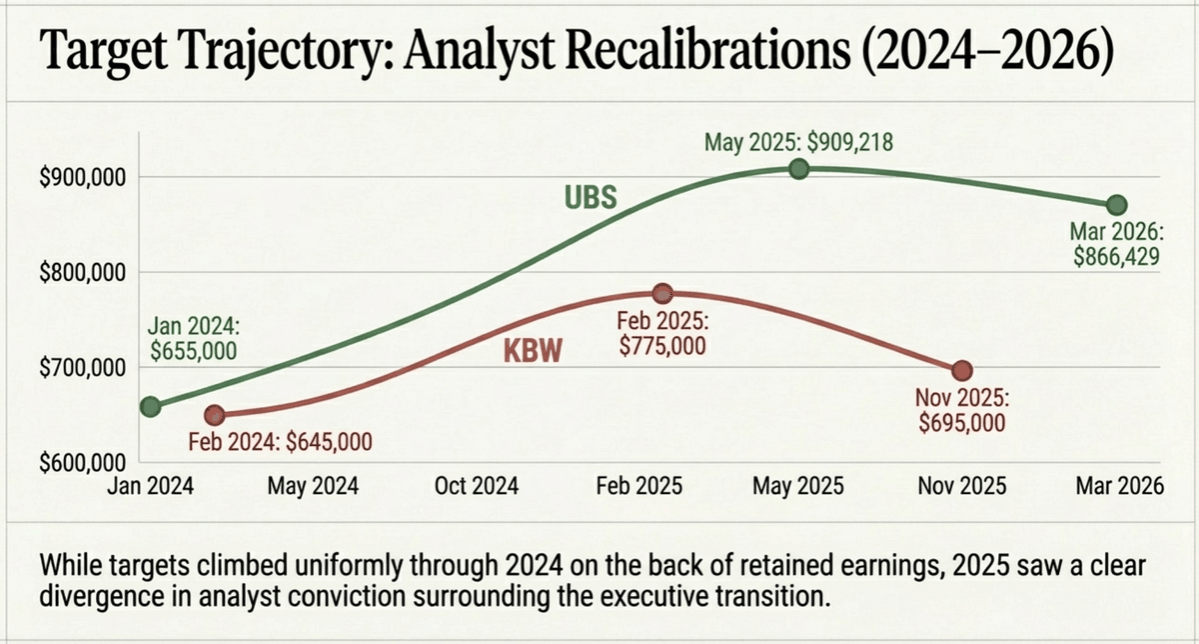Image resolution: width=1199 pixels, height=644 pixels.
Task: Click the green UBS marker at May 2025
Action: coord(798,169)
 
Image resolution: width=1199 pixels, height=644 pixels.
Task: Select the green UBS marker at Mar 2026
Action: coord(1117,205)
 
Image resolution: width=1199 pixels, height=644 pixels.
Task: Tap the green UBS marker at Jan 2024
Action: coord(150,407)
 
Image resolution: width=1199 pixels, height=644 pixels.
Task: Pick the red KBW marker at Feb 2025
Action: coord(662,294)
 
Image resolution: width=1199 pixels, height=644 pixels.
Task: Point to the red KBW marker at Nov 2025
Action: coord(961,371)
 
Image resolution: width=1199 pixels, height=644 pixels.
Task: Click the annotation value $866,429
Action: coord(1117,257)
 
